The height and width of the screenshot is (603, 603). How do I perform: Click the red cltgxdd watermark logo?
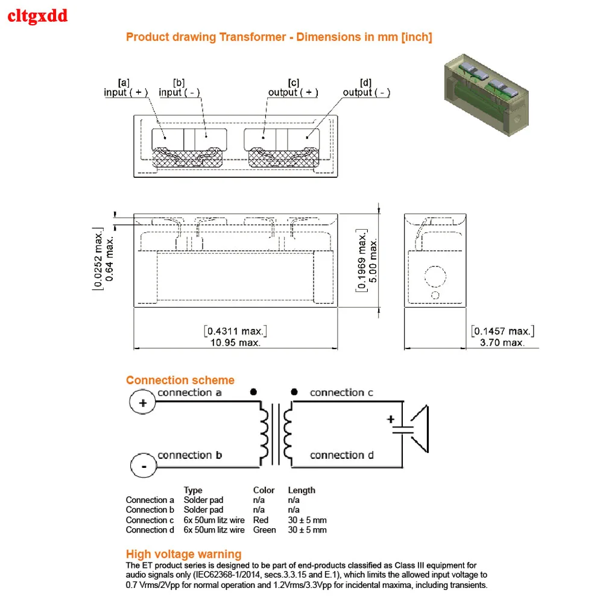click(x=37, y=16)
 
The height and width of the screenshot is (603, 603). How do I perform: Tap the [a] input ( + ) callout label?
click(x=125, y=87)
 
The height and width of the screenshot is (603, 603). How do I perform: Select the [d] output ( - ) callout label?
click(x=366, y=87)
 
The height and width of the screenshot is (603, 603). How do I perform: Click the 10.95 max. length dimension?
click(x=235, y=343)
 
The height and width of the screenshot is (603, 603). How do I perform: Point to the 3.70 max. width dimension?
click(x=502, y=343)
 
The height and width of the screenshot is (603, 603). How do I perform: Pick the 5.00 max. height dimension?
click(x=373, y=260)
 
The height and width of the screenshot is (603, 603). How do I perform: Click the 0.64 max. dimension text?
click(x=109, y=259)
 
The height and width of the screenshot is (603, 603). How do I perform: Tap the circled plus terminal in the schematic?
click(x=143, y=403)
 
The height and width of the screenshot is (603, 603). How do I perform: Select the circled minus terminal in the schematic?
click(x=144, y=466)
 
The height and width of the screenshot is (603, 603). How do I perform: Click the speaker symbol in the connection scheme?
click(x=419, y=429)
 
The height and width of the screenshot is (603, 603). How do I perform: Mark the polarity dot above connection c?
click(x=294, y=392)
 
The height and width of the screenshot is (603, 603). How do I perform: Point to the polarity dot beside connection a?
click(x=253, y=392)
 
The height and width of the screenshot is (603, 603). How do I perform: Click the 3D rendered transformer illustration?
click(x=487, y=95)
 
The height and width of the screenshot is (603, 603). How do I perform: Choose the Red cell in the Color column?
click(x=260, y=520)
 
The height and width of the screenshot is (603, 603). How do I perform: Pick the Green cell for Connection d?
click(x=265, y=530)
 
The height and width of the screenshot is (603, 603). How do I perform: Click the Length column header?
click(x=301, y=490)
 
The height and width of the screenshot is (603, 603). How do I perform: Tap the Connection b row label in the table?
click(x=150, y=510)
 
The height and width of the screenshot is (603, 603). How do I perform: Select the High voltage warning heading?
click(x=183, y=554)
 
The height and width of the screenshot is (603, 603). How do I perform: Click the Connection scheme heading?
click(x=180, y=380)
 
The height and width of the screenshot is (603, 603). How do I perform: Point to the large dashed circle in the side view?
click(x=435, y=277)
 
